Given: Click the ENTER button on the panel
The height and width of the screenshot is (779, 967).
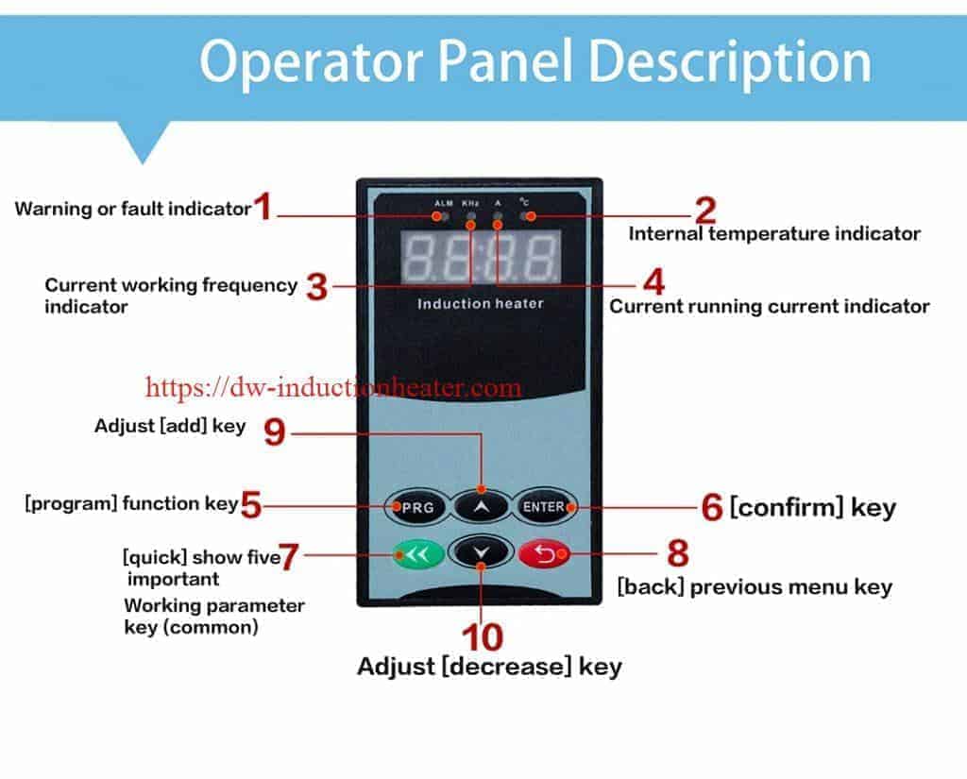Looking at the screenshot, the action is [544, 506].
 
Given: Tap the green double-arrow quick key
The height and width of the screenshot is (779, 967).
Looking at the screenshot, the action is [418, 554].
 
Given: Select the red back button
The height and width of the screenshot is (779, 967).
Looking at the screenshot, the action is [545, 554].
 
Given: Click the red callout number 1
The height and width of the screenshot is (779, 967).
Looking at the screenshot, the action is [263, 206].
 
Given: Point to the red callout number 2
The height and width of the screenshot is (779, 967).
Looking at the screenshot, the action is [705, 211].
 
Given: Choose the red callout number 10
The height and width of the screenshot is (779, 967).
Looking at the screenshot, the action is [483, 637].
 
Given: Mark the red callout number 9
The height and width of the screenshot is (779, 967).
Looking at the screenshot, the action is [275, 432].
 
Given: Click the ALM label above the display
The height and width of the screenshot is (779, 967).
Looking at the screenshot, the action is [444, 203].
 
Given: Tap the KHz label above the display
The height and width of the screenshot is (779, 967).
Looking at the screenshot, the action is [470, 203].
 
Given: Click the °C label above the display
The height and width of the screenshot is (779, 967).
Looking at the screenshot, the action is [523, 202].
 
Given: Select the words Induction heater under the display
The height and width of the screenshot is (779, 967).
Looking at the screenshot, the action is [481, 303].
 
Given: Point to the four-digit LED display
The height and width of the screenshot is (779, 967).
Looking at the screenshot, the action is [481, 257].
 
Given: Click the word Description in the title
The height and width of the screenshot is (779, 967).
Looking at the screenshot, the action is [730, 62].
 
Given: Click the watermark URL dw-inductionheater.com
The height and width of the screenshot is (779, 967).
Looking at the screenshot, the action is [333, 387].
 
